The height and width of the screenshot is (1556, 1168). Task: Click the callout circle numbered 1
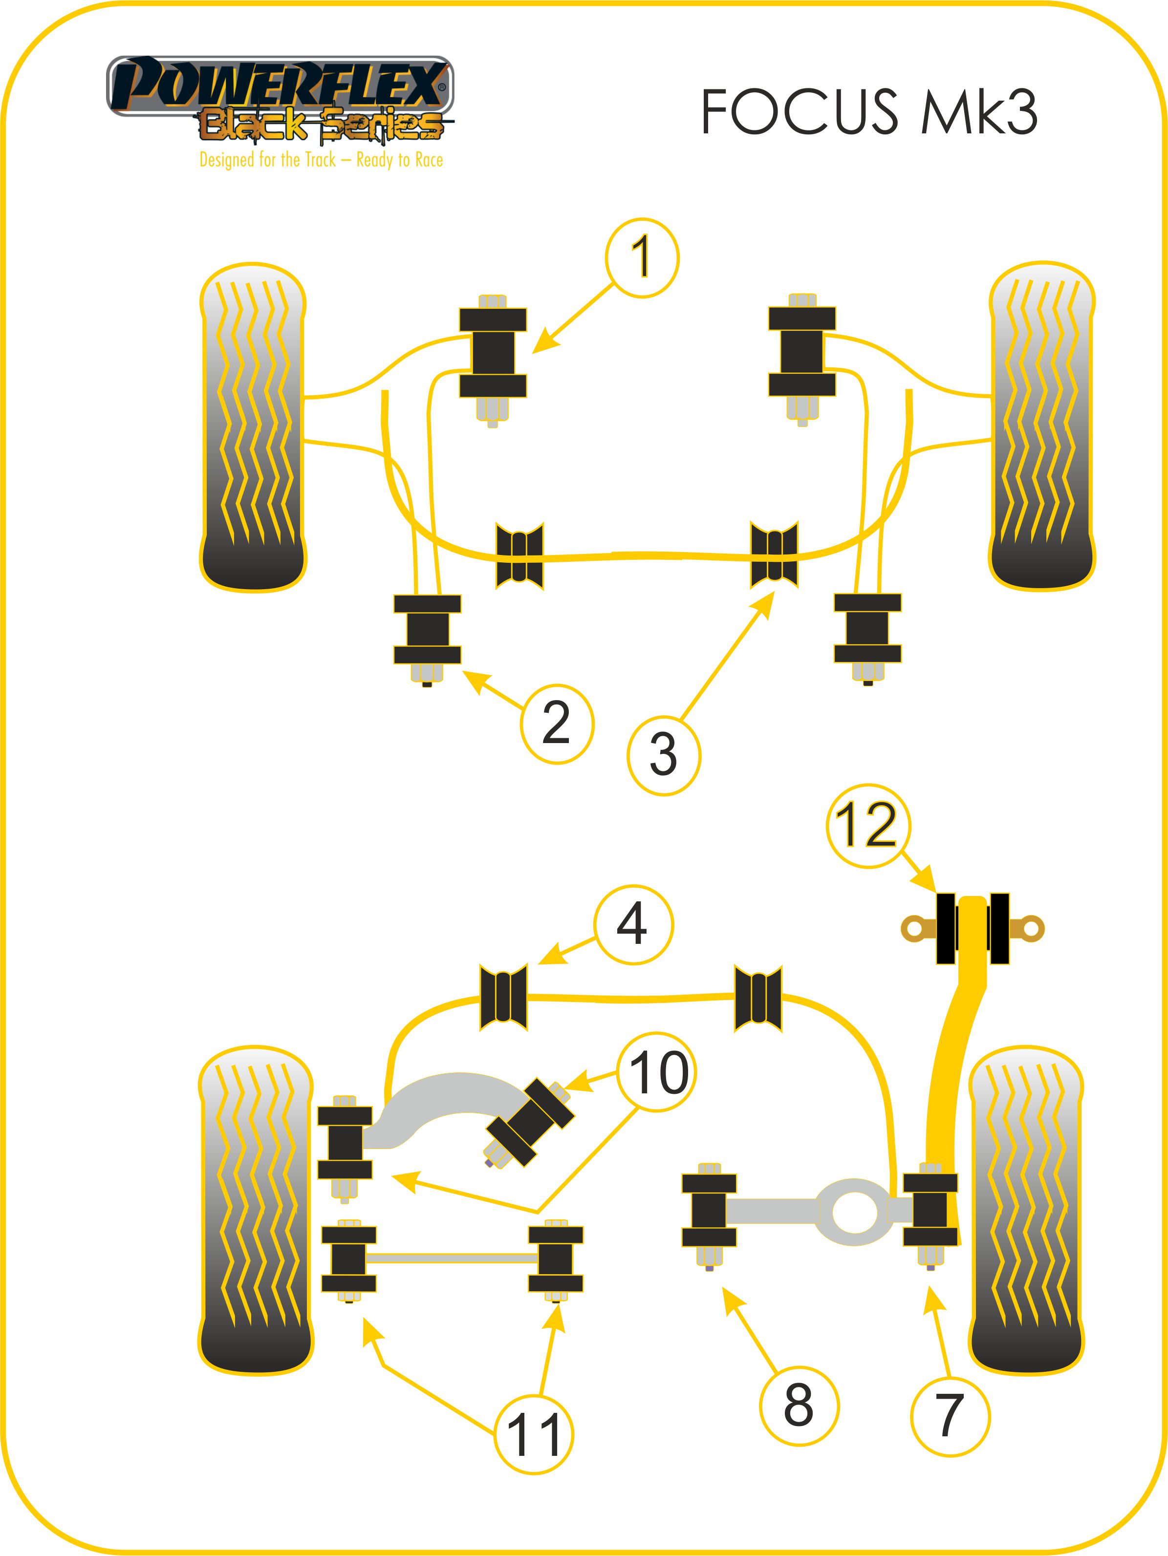642,257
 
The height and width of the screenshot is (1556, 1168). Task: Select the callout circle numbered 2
557,724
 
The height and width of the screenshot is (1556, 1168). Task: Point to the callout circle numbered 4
632,924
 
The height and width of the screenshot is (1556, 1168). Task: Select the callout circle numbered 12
867,825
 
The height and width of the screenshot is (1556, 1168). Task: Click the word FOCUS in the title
800,112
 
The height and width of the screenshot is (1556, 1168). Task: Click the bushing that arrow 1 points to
493,352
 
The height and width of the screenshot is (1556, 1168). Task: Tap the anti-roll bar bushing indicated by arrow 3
774,555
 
